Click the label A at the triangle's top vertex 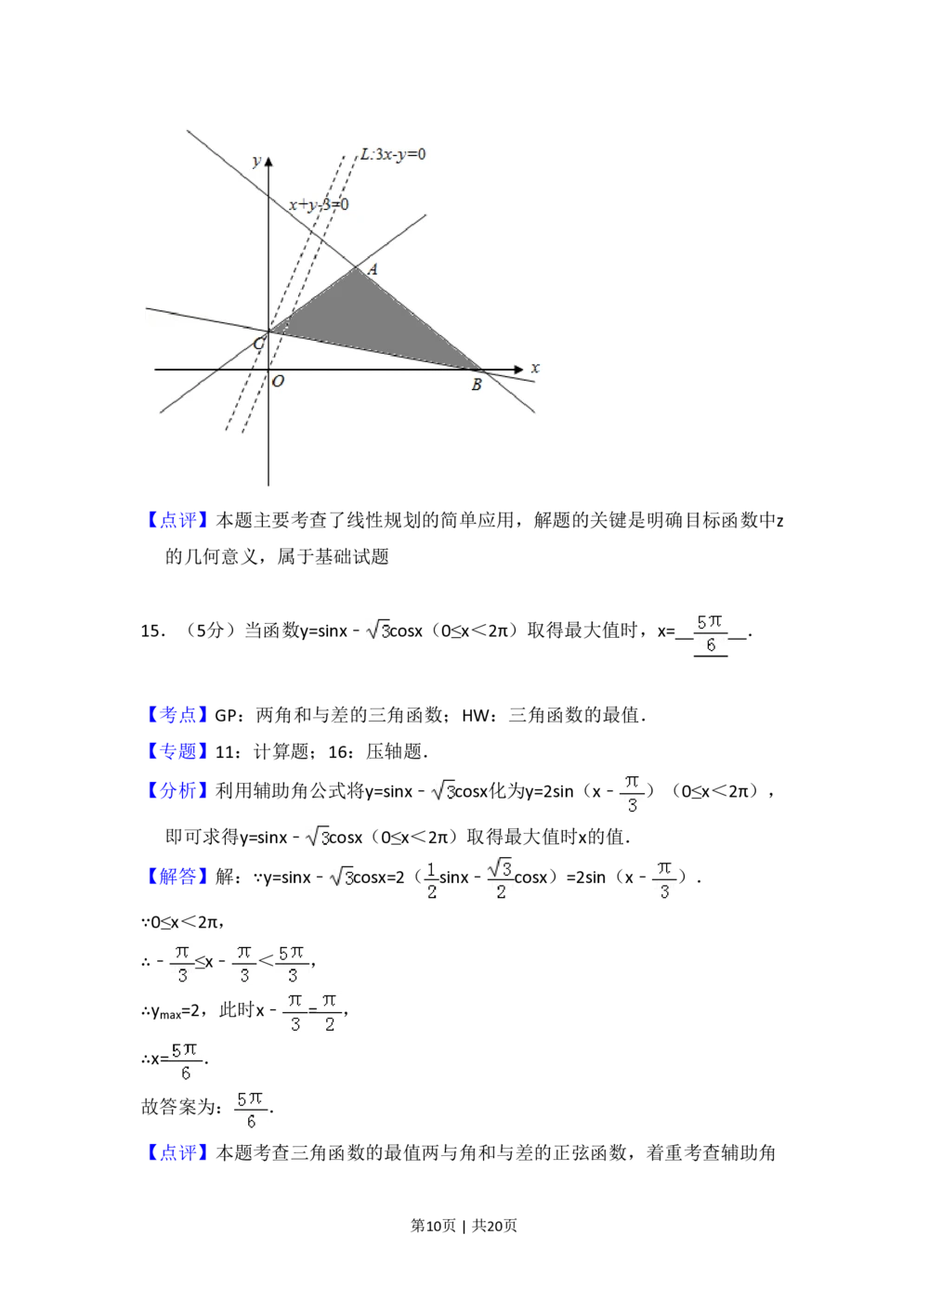[x=373, y=269]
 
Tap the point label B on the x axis [x=477, y=384]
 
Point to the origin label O [x=278, y=381]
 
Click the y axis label [x=255, y=162]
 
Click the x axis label [x=535, y=368]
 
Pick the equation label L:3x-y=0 [x=394, y=154]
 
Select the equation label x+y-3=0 [x=319, y=204]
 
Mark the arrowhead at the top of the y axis [x=268, y=162]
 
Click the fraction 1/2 [x=433, y=880]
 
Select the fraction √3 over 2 [x=501, y=880]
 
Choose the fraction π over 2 [x=330, y=1013]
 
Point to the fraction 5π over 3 [x=293, y=963]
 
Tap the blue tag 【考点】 [x=177, y=716]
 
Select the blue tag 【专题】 [x=177, y=750]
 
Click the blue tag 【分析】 [x=177, y=790]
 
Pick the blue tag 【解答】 [x=177, y=877]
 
